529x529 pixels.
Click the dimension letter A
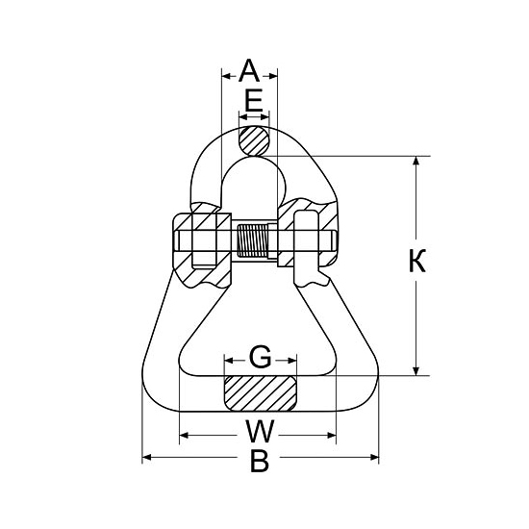pyautogui.click(x=249, y=70)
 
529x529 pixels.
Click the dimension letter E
pyautogui.click(x=254, y=101)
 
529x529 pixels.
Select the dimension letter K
pyautogui.click(x=417, y=261)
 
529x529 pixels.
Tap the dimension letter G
pyautogui.click(x=260, y=357)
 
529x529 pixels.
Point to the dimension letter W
pyautogui.click(x=260, y=431)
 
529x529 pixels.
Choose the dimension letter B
pyautogui.click(x=260, y=460)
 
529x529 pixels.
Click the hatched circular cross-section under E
pyautogui.click(x=254, y=140)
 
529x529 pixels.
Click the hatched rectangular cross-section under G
pyautogui.click(x=260, y=393)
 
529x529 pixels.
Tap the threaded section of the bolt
pyautogui.click(x=253, y=240)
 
